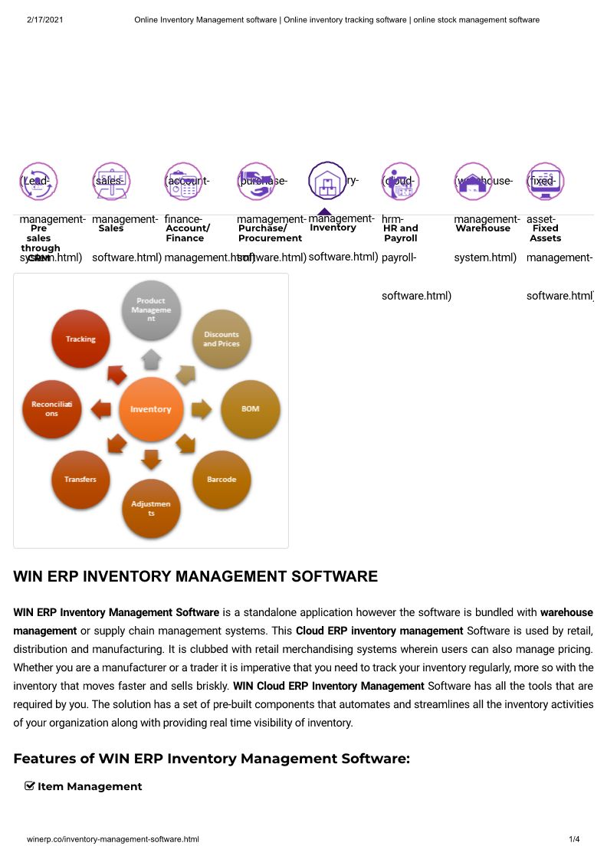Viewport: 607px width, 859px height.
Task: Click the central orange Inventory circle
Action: click(151, 409)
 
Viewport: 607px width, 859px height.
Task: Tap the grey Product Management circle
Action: click(151, 310)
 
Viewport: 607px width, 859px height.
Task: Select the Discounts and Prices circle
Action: click(221, 339)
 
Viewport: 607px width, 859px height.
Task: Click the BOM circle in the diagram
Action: click(250, 409)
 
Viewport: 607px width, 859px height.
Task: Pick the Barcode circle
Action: click(221, 480)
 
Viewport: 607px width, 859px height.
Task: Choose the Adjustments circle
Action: click(151, 508)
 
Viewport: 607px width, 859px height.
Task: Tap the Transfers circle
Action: click(80, 480)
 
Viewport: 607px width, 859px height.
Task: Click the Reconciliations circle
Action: click(52, 409)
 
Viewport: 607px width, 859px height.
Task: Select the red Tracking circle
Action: click(80, 339)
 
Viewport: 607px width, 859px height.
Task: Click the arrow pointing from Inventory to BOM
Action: click(201, 409)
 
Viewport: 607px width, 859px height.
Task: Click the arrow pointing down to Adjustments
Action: click(151, 460)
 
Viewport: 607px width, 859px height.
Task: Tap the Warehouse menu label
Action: click(483, 228)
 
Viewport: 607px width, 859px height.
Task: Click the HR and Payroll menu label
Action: click(401, 233)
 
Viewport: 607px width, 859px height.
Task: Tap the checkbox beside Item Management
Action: click(30, 785)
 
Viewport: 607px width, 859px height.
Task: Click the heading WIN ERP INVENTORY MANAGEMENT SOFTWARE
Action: click(195, 576)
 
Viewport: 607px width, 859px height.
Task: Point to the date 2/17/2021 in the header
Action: click(44, 19)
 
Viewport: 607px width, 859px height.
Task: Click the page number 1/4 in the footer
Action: click(574, 840)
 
